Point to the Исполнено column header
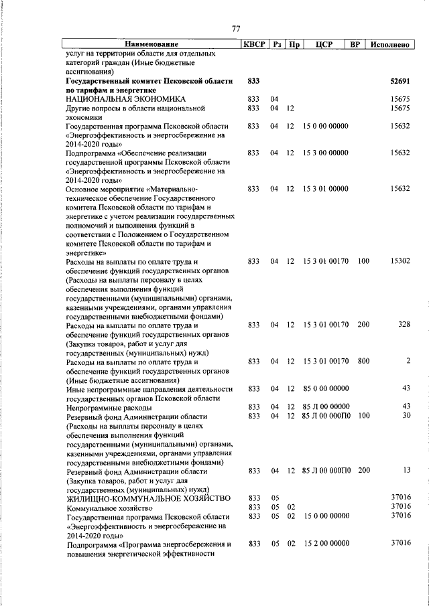click(389, 44)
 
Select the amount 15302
click(400, 261)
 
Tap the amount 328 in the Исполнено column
click(404, 325)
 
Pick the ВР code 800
click(363, 362)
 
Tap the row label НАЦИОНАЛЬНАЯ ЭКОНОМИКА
click(115, 99)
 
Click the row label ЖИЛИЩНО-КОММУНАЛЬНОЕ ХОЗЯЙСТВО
click(148, 498)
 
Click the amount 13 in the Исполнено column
click(406, 471)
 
